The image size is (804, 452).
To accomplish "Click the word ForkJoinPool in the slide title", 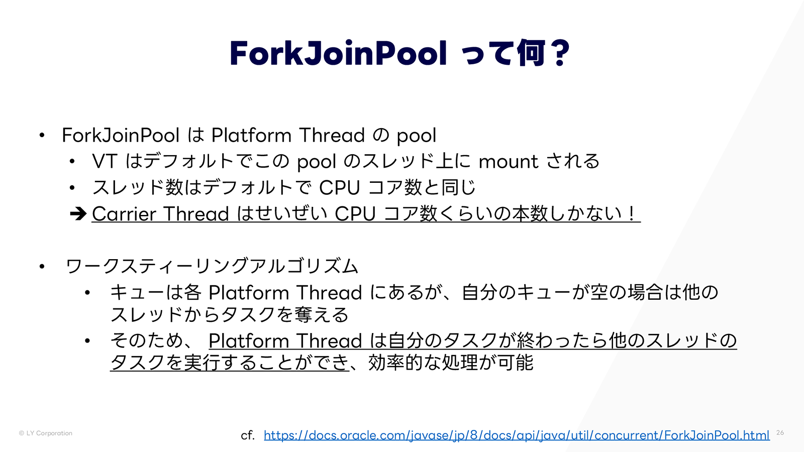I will pyautogui.click(x=338, y=53).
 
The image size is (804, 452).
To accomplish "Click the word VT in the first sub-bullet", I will pyautogui.click(x=105, y=162).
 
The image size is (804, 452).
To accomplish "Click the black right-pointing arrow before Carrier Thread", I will pyautogui.click(x=78, y=214).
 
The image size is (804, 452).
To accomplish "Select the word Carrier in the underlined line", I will pyautogui.click(x=124, y=214).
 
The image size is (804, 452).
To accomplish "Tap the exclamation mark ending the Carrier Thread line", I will pyautogui.click(x=632, y=214).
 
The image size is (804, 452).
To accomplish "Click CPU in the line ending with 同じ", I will pyautogui.click(x=339, y=188).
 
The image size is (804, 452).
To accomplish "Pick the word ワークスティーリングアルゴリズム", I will pyautogui.click(x=212, y=266).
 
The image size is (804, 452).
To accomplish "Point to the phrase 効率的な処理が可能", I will pyautogui.click(x=451, y=363).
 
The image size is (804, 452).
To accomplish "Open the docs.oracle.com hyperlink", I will pyautogui.click(x=516, y=435).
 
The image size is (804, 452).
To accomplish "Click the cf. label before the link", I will pyautogui.click(x=247, y=435).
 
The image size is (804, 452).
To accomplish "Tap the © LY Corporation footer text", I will pyautogui.click(x=46, y=433).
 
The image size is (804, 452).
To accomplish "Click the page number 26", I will pyautogui.click(x=780, y=432).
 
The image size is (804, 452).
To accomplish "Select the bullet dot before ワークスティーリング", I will pyautogui.click(x=42, y=266).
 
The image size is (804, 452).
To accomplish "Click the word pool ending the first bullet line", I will pyautogui.click(x=416, y=136).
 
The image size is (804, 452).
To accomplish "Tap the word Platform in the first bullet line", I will pyautogui.click(x=251, y=136).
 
